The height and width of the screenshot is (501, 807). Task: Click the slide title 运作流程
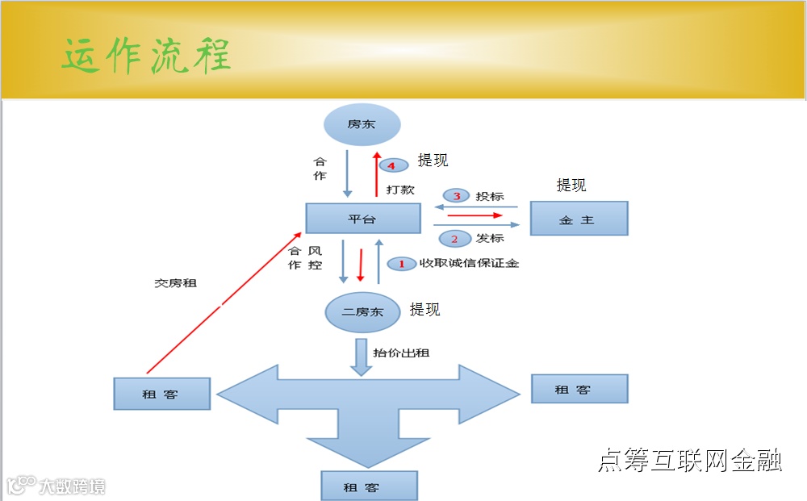pyautogui.click(x=147, y=56)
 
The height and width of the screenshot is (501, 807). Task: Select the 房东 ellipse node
pyautogui.click(x=362, y=125)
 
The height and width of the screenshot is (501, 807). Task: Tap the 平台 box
pyautogui.click(x=362, y=219)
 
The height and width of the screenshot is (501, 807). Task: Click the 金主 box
pyautogui.click(x=578, y=219)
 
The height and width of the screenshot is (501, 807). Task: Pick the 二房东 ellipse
pyautogui.click(x=362, y=312)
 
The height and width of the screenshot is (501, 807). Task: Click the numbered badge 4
pyautogui.click(x=391, y=165)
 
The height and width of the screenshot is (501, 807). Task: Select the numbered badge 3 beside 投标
pyautogui.click(x=456, y=196)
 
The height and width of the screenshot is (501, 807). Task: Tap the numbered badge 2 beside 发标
pyautogui.click(x=454, y=239)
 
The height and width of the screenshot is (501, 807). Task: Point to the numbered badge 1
pyautogui.click(x=402, y=264)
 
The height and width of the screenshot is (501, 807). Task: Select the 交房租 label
pyautogui.click(x=175, y=283)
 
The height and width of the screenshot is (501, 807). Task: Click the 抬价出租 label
pyautogui.click(x=401, y=353)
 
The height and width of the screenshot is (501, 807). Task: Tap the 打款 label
pyautogui.click(x=400, y=189)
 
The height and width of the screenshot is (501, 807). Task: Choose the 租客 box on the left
pyautogui.click(x=161, y=395)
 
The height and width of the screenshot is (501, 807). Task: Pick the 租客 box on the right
pyautogui.click(x=579, y=389)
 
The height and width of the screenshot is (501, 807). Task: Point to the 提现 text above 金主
pyautogui.click(x=571, y=186)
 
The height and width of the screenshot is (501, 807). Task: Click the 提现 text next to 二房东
pyautogui.click(x=425, y=310)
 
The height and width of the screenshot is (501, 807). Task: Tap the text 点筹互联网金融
pyautogui.click(x=689, y=461)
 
